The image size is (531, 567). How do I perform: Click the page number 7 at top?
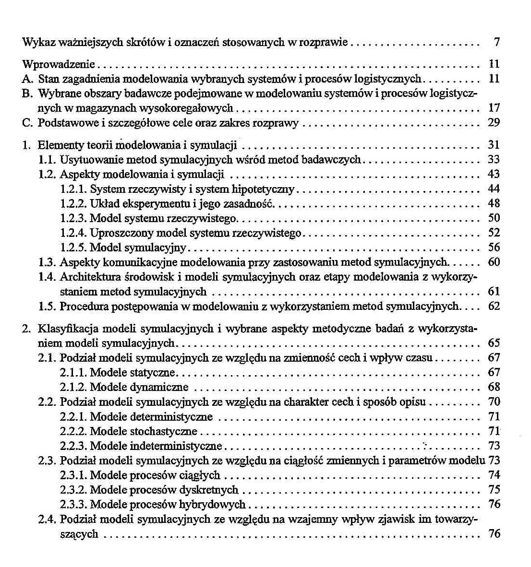[x=497, y=42]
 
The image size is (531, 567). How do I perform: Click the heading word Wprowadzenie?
[x=59, y=64]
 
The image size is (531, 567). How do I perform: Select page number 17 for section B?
[x=494, y=108]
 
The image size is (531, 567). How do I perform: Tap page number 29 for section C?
[x=494, y=123]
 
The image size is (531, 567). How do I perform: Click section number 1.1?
[x=47, y=160]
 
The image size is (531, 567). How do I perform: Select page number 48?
[x=494, y=203]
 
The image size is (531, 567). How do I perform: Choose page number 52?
[x=494, y=233]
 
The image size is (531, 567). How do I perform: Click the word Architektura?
[x=90, y=277]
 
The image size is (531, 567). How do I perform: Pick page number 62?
[x=494, y=306]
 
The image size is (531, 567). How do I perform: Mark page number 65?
[x=494, y=343]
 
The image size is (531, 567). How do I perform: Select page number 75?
[x=494, y=490]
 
